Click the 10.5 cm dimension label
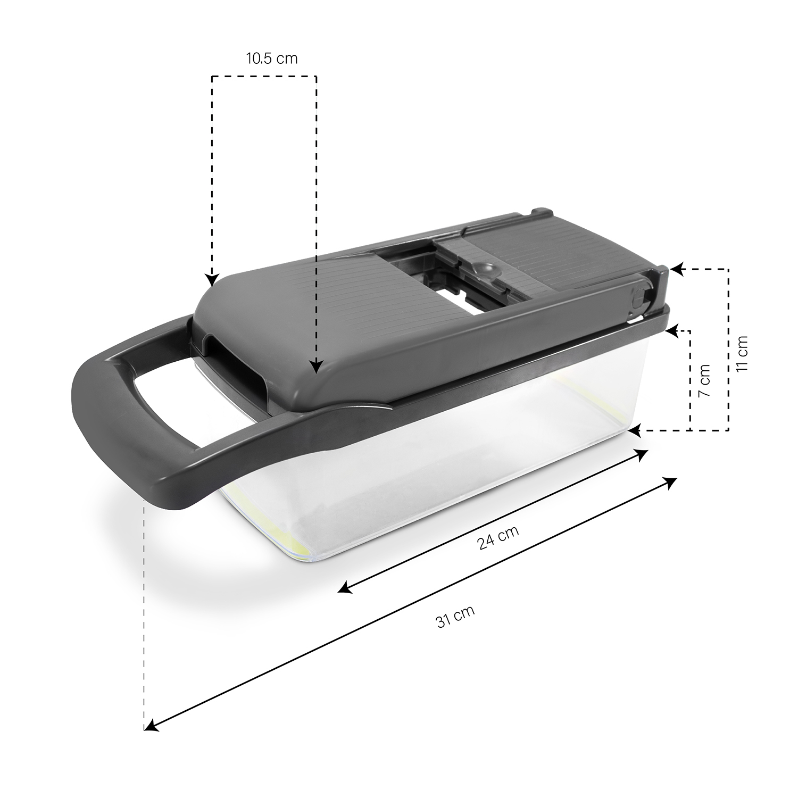coord(271,58)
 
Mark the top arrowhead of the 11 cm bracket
coord(676,270)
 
